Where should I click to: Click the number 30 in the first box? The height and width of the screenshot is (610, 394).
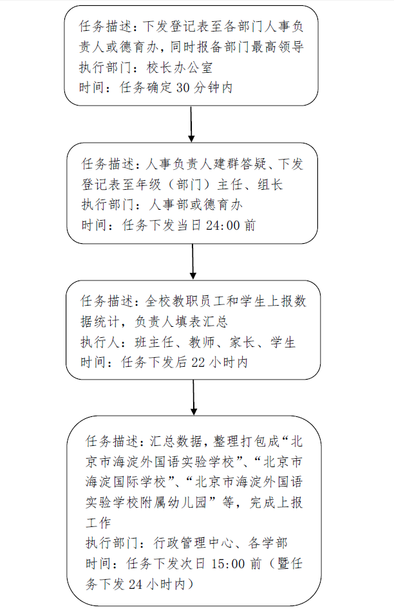coord(183,88)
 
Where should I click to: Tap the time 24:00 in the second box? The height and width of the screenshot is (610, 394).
coord(222,225)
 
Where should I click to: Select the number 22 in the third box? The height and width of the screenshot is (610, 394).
coord(198,362)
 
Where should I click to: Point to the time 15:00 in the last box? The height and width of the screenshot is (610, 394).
coord(228,564)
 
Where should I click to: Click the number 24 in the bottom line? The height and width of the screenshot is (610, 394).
coord(135,584)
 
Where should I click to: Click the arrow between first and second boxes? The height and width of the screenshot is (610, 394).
coord(191,124)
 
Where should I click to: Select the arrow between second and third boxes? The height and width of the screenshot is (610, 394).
coord(192,261)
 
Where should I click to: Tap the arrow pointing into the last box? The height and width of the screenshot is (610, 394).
coord(194,398)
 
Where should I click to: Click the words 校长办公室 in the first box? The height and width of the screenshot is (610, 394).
coord(180,68)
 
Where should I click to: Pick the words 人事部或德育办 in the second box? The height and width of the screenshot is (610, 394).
coord(196,205)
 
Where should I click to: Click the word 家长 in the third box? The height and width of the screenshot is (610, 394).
coord(242,342)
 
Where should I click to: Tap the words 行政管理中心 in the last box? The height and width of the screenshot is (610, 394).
coord(194,543)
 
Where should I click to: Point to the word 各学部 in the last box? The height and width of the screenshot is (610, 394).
coord(268,543)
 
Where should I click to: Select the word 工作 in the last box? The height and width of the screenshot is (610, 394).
coord(98,523)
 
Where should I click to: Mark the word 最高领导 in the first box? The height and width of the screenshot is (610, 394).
coord(277,47)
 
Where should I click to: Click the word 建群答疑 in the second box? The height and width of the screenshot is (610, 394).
coord(240,164)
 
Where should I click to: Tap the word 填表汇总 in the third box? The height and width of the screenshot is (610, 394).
coord(202,322)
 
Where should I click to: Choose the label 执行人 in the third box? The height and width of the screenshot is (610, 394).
coord(100,342)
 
